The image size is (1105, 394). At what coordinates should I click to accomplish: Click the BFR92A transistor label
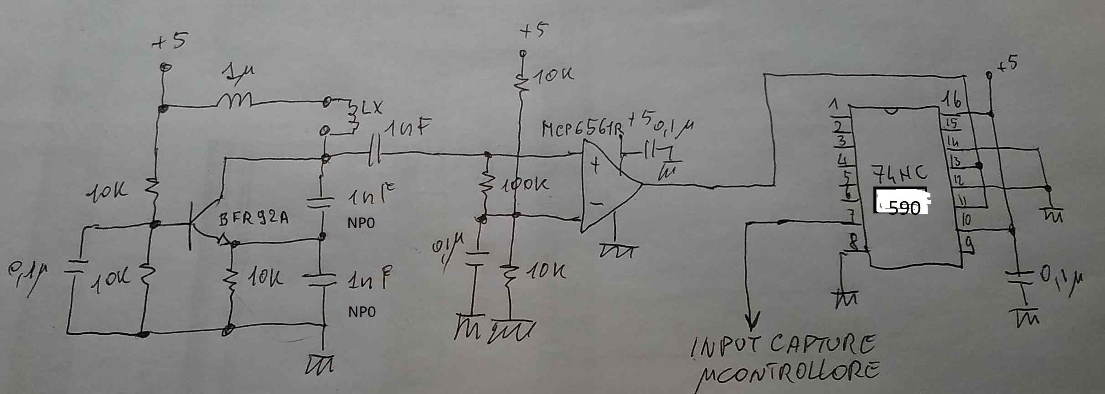click(x=253, y=219)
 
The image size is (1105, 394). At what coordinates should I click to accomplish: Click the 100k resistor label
click(x=525, y=184)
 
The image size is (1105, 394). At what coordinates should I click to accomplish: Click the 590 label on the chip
click(x=904, y=207)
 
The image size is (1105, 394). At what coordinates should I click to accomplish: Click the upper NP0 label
click(x=361, y=223)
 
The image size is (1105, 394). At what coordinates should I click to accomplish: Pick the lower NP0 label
click(x=362, y=312)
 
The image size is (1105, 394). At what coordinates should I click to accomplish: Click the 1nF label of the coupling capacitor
click(x=407, y=129)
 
